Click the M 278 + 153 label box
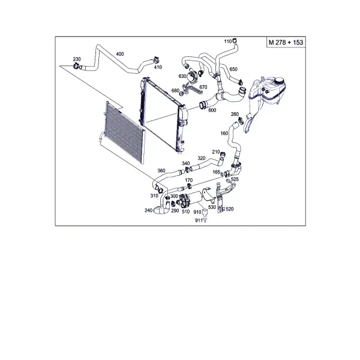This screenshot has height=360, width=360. click(286, 42)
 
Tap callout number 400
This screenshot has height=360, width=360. click(120, 54)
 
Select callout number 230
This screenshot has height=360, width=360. click(77, 59)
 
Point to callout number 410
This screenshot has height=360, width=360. click(158, 67)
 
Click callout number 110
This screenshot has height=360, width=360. click(228, 41)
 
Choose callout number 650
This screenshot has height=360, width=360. click(233, 69)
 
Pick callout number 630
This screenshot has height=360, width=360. click(182, 76)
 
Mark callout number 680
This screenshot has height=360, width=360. click(175, 91)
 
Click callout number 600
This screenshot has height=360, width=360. click(212, 110)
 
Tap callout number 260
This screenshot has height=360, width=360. click(235, 114)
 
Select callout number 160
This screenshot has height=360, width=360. click(224, 133)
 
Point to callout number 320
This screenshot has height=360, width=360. click(202, 158)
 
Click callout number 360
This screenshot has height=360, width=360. click(161, 170)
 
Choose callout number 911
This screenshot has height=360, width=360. click(199, 220)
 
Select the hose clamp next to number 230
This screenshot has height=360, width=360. click(76, 66)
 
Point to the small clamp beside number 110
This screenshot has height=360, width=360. click(235, 41)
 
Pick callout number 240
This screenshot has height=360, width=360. click(149, 211)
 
